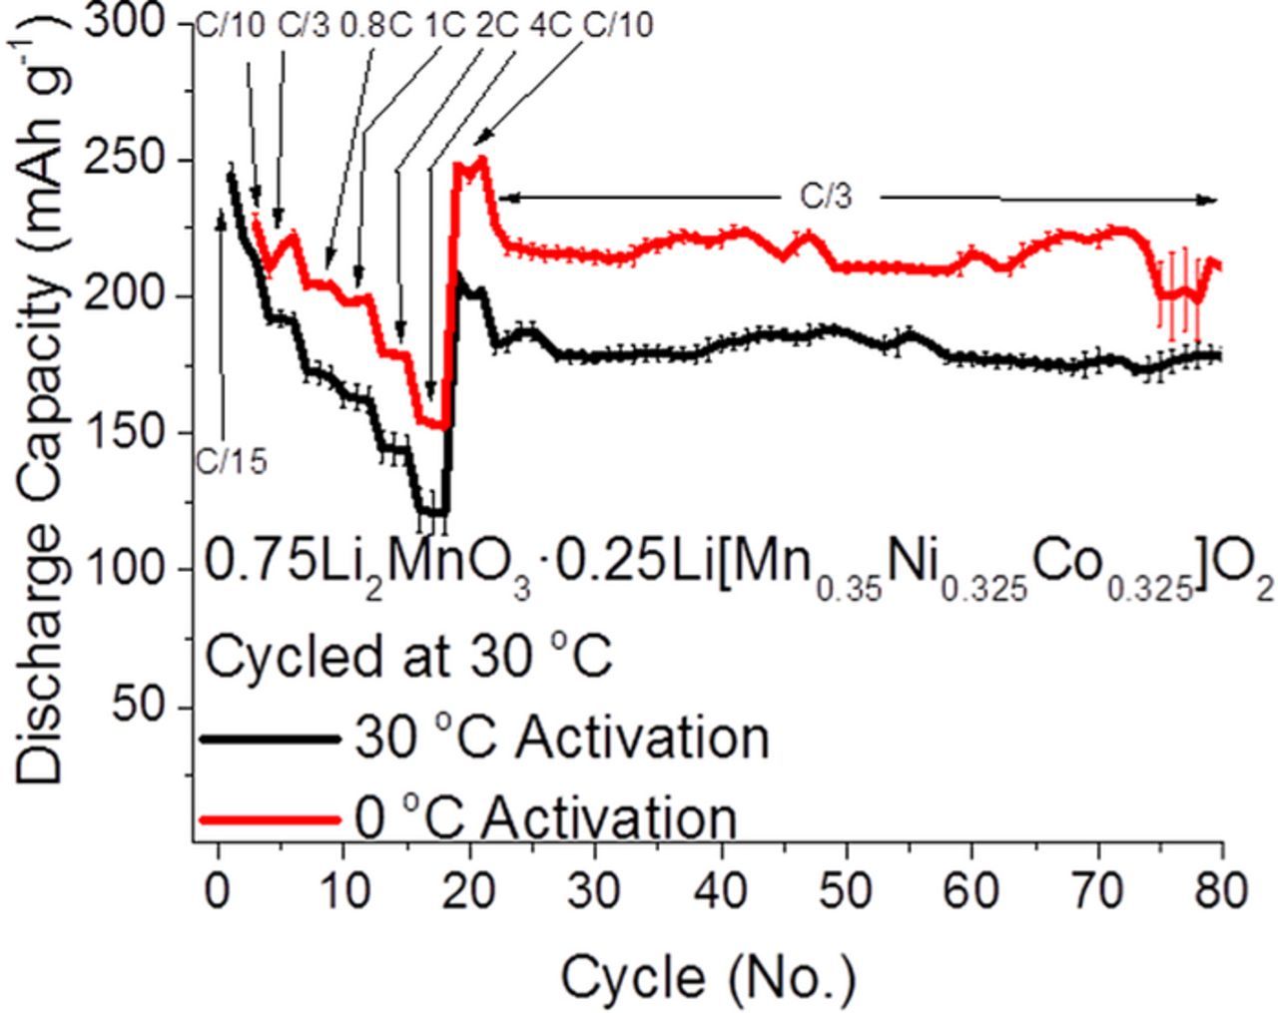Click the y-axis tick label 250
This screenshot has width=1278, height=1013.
click(x=139, y=160)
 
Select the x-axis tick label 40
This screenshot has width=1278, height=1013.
click(x=721, y=892)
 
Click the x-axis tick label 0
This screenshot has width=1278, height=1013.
click(x=218, y=892)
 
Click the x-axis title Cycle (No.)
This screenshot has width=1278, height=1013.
click(x=708, y=977)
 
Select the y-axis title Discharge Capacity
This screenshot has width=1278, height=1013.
click(x=40, y=429)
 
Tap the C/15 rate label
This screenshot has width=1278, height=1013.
click(x=231, y=462)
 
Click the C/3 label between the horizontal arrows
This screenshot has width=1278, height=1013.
click(x=827, y=198)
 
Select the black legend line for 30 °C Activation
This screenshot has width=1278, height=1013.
click(x=270, y=739)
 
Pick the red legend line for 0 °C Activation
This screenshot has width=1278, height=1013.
click(x=270, y=819)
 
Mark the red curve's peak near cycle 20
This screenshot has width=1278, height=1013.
click(x=482, y=159)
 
